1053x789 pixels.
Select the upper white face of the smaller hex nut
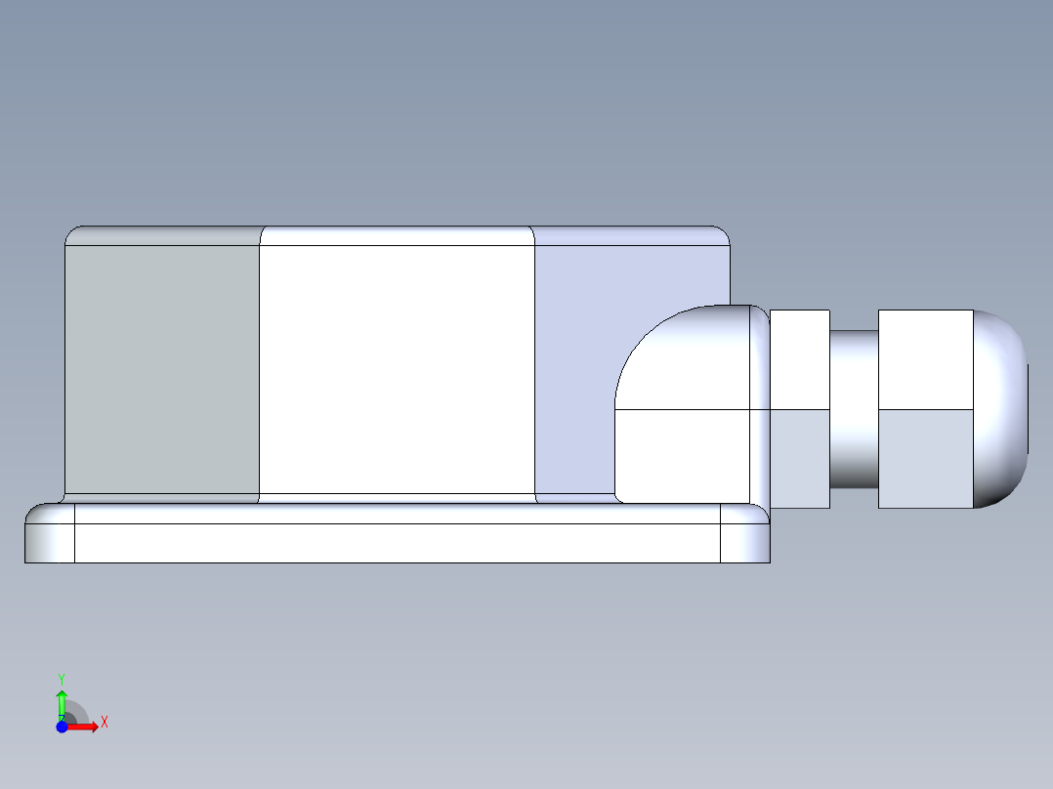[800, 359]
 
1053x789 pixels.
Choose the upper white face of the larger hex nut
[925, 359]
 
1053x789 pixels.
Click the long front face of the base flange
[397, 543]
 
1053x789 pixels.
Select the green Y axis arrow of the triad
[62, 701]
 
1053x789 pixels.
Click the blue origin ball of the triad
[62, 727]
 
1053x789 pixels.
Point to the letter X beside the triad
[104, 723]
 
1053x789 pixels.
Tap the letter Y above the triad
[61, 678]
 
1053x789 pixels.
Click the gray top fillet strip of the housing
[161, 235]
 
